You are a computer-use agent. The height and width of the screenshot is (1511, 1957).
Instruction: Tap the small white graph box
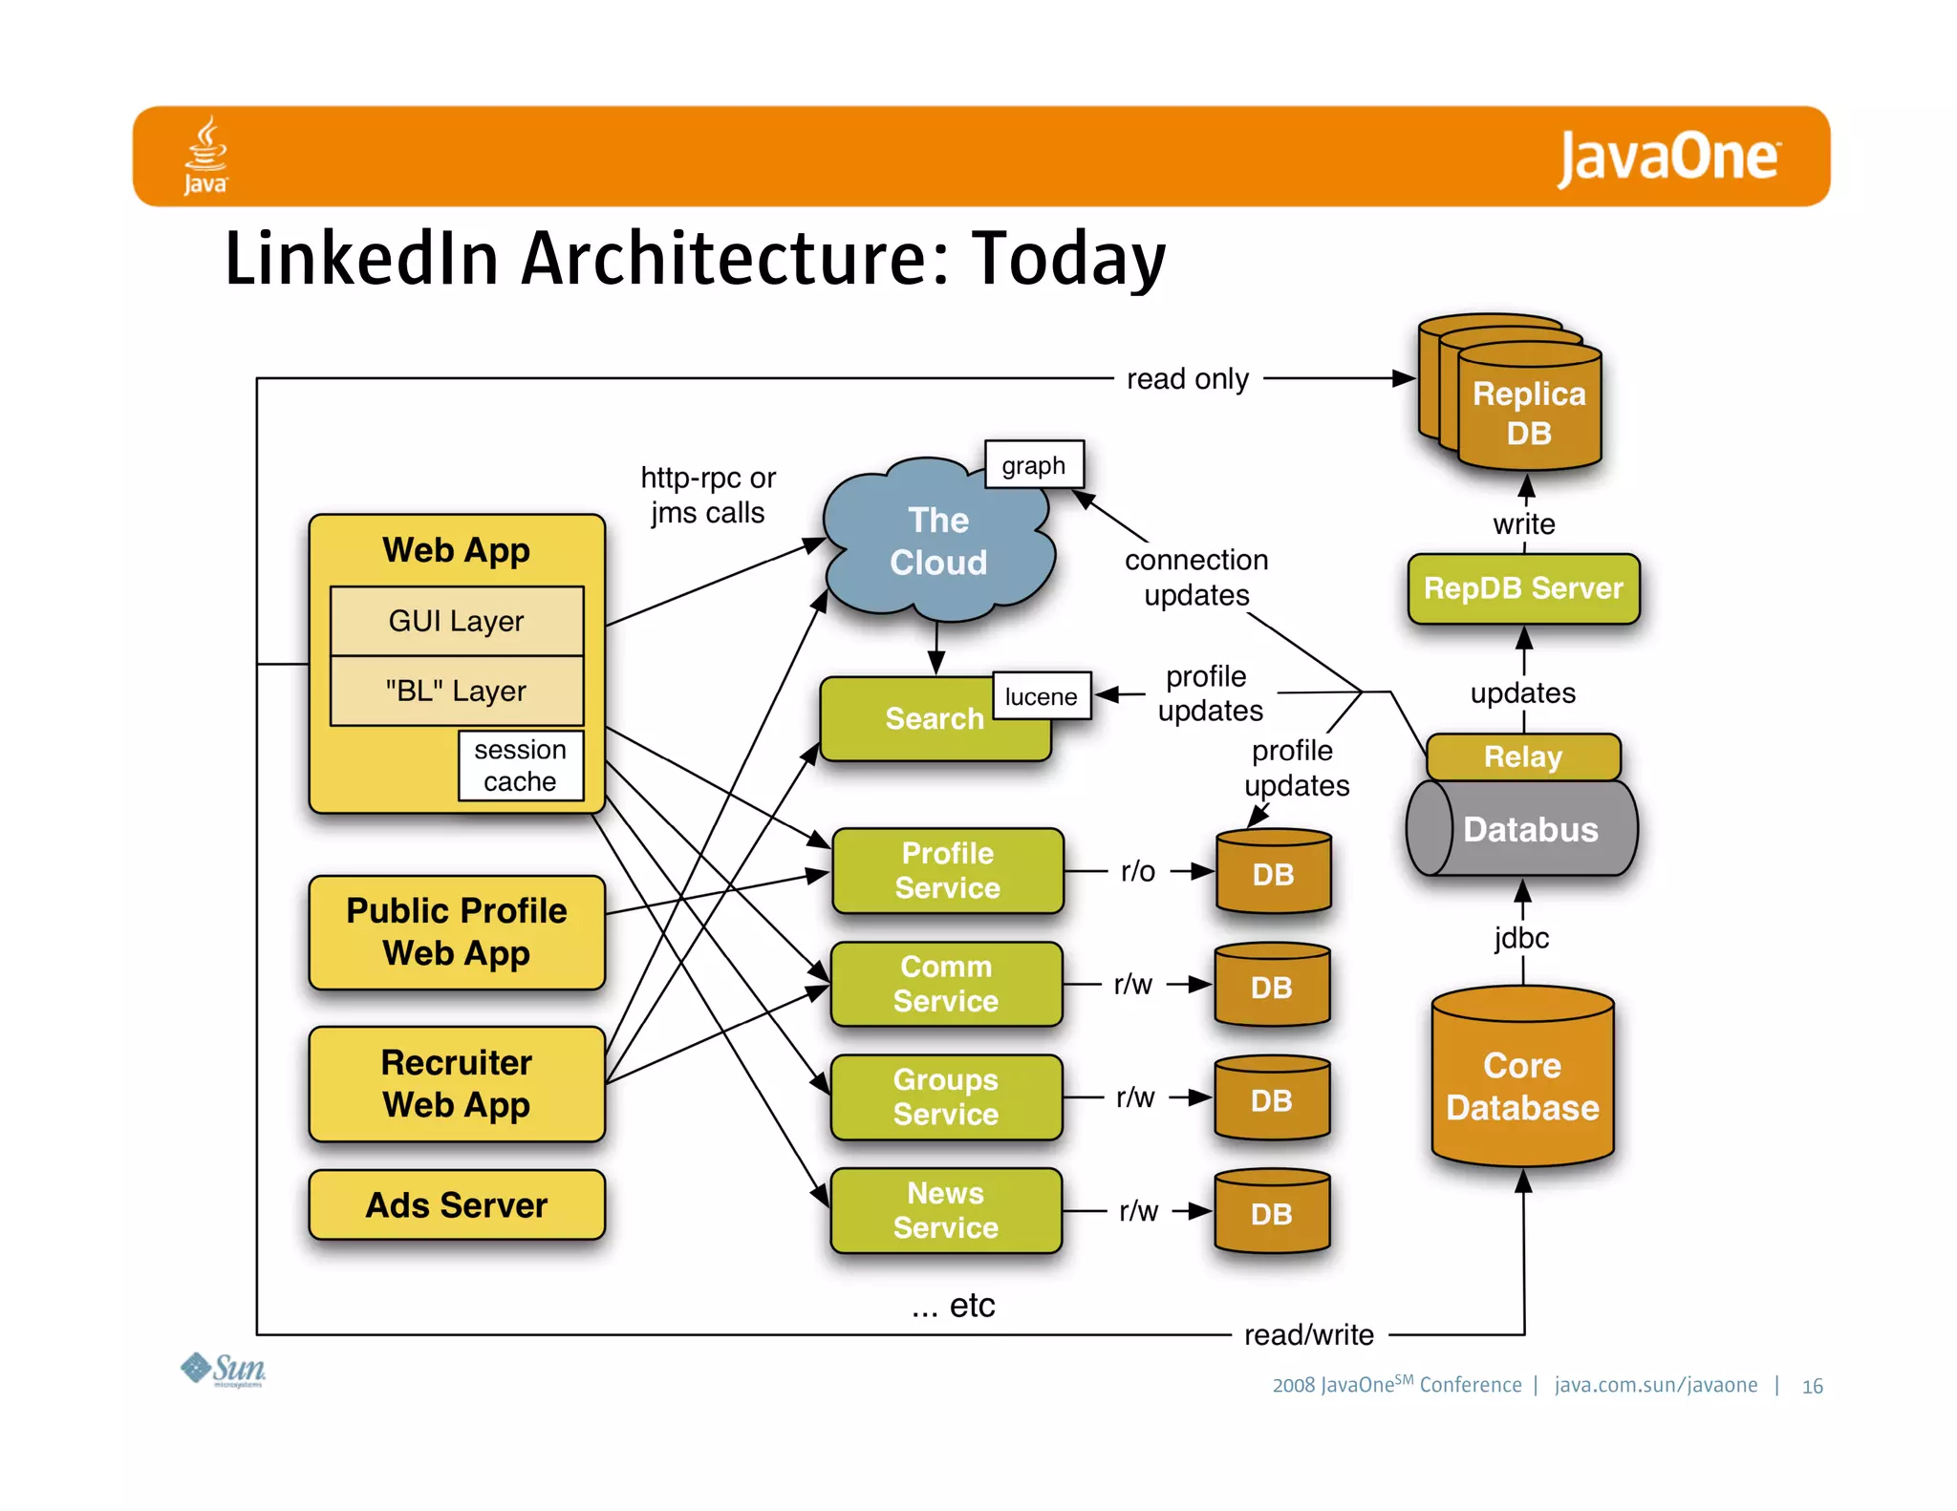point(1034,465)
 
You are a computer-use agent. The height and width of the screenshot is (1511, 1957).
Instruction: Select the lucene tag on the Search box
point(1041,696)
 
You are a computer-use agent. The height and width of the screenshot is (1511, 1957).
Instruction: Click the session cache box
point(520,765)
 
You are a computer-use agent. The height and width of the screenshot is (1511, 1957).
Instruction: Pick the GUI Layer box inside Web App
point(456,621)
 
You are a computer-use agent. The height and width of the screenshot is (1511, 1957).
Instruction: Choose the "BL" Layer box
point(456,691)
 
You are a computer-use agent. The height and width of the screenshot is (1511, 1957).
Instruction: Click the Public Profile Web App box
point(457,932)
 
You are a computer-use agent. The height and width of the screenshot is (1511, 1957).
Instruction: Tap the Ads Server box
point(457,1205)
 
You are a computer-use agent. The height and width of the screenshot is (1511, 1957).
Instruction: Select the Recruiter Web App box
point(457,1084)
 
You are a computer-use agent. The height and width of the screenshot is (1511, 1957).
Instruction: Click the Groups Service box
point(946,1097)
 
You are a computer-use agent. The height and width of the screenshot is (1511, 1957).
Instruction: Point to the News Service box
point(946,1210)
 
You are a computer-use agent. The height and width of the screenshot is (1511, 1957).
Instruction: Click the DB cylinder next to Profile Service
point(1273,873)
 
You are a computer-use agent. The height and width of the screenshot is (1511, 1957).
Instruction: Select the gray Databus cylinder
point(1522,829)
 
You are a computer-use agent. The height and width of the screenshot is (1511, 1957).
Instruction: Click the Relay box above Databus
point(1522,756)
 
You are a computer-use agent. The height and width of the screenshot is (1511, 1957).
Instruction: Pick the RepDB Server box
point(1523,588)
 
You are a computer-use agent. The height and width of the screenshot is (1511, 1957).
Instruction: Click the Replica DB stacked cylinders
point(1519,401)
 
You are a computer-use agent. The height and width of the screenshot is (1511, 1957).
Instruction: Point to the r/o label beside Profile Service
point(1138,871)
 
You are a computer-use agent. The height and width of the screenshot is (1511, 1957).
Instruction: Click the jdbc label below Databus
point(1521,938)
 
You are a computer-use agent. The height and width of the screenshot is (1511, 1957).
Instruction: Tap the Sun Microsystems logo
point(224,1370)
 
